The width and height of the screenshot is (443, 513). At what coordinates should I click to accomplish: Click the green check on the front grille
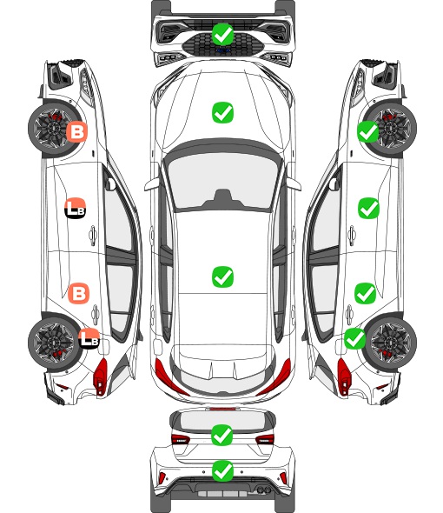pyautogui.click(x=222, y=34)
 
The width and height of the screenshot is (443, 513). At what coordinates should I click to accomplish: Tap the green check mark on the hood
pyautogui.click(x=222, y=112)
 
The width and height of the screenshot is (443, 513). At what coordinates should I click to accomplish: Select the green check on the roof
pyautogui.click(x=222, y=276)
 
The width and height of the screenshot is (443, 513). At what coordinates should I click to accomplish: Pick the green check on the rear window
pyautogui.click(x=222, y=435)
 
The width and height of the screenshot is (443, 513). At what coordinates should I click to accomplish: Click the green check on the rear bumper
pyautogui.click(x=222, y=471)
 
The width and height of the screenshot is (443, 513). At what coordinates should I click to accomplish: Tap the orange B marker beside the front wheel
pyautogui.click(x=77, y=131)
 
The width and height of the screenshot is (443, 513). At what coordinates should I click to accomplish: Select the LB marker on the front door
pyautogui.click(x=76, y=208)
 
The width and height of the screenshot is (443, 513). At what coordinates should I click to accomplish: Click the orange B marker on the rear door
pyautogui.click(x=78, y=293)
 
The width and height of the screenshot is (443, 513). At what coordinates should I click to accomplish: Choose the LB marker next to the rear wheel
pyautogui.click(x=89, y=338)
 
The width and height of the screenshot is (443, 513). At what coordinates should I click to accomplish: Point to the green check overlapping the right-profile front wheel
pyautogui.click(x=367, y=131)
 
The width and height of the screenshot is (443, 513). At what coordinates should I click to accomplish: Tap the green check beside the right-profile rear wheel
pyautogui.click(x=355, y=338)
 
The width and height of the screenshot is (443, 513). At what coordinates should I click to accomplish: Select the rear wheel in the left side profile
pyautogui.click(x=53, y=343)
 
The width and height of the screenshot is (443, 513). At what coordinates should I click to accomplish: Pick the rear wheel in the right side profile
pyautogui.click(x=391, y=343)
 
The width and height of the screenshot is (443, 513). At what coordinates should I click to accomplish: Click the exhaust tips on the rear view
pyautogui.click(x=263, y=490)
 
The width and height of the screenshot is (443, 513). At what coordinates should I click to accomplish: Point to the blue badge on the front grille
pyautogui.click(x=223, y=50)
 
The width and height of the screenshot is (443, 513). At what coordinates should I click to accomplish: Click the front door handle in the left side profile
pyautogui.click(x=93, y=235)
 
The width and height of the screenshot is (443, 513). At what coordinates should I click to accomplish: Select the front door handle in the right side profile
pyautogui.click(x=352, y=235)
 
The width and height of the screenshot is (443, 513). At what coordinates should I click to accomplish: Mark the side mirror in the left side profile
pyautogui.click(x=110, y=183)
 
